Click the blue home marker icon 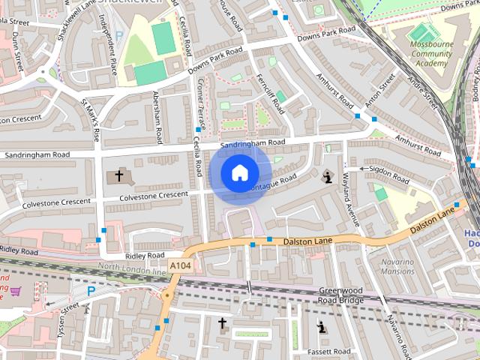tap(239, 173)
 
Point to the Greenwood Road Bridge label tap(341, 295)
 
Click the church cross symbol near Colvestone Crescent tap(118, 176)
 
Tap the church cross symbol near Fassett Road tap(222, 323)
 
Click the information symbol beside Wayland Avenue tap(327, 177)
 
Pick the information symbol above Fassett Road tap(322, 327)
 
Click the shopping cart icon tap(16, 289)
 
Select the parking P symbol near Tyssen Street tap(91, 290)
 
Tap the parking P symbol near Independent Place tap(119, 36)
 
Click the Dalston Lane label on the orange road tap(307, 241)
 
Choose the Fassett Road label tap(331, 351)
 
